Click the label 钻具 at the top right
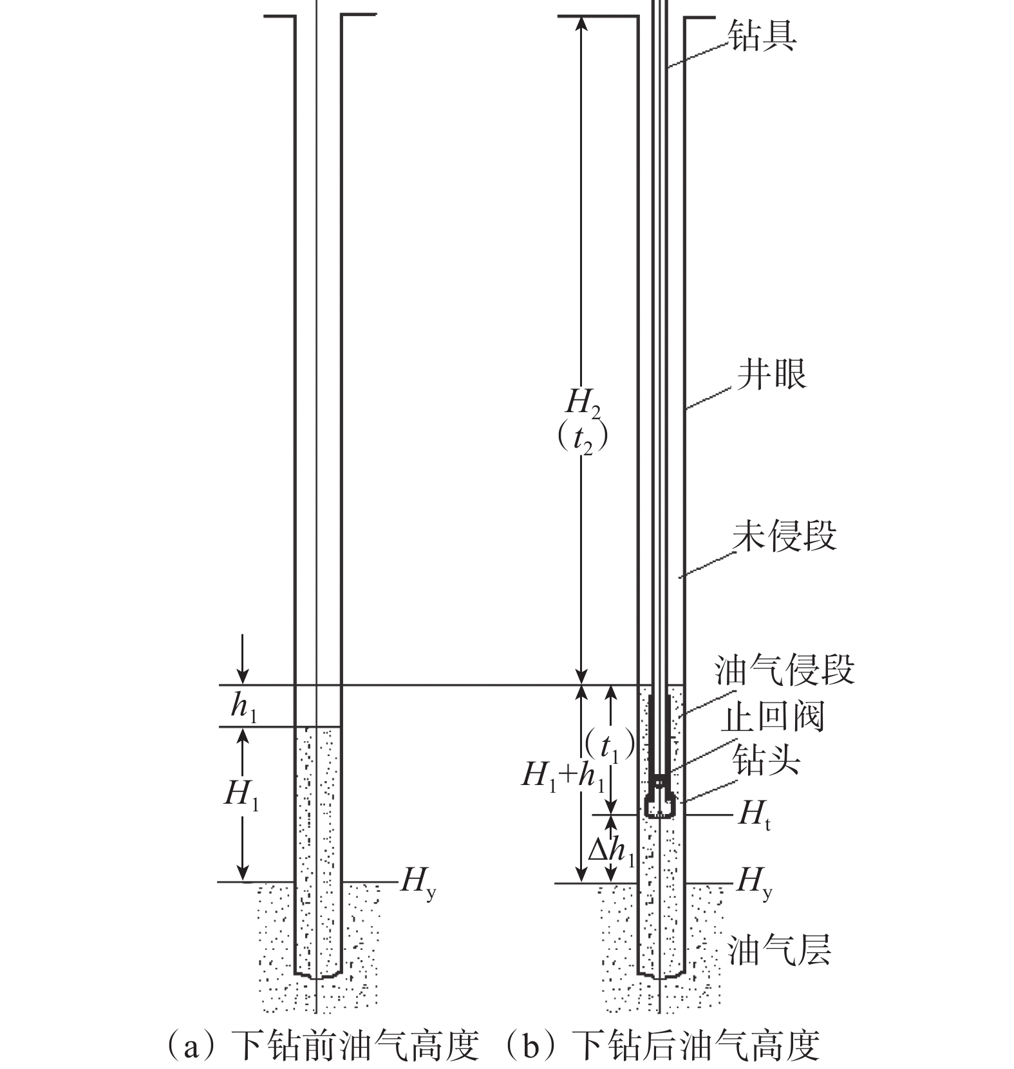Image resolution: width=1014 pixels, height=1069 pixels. [762, 35]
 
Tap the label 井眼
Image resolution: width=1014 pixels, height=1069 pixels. [771, 374]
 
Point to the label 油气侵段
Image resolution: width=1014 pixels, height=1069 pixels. [784, 670]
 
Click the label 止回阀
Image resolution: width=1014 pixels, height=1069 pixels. [772, 717]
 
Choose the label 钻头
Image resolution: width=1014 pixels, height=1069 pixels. [765, 761]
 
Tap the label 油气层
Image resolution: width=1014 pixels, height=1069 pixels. [779, 949]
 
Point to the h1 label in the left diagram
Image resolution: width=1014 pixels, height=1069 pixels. [244, 707]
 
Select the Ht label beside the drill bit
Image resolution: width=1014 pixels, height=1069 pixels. [753, 815]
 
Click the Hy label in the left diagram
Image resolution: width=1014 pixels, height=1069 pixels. [417, 881]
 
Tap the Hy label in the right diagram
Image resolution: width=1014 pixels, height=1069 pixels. [754, 881]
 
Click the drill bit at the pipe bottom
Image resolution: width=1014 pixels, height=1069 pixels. [661, 804]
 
